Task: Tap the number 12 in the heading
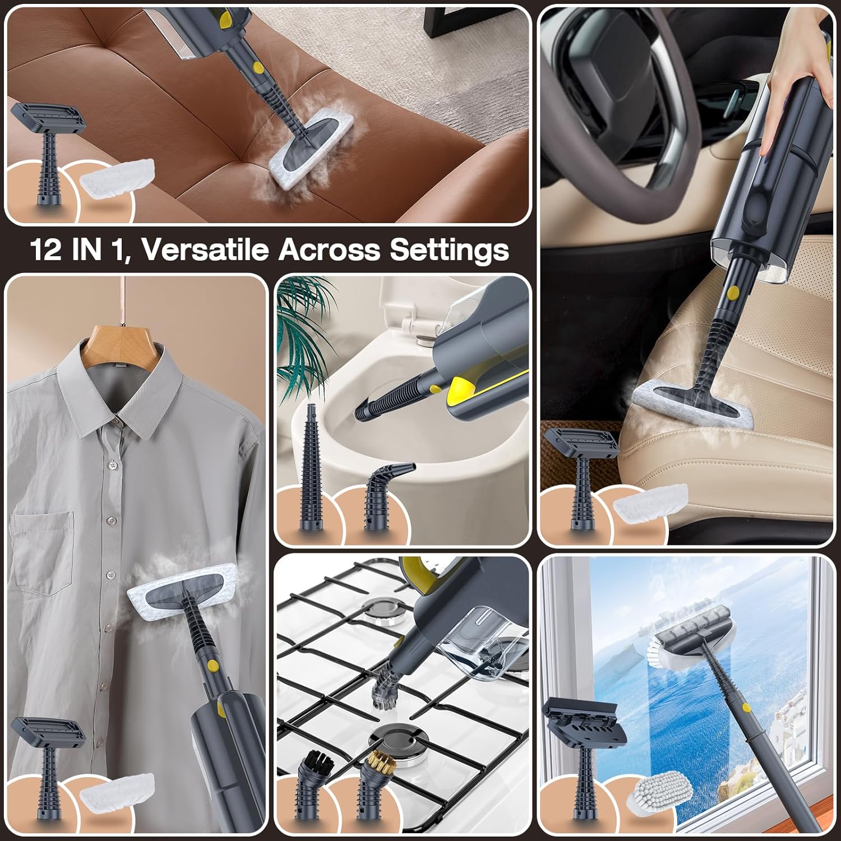(45, 249)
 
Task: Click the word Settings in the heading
(449, 249)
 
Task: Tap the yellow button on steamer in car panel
(732, 292)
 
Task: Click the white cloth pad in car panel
(650, 500)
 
